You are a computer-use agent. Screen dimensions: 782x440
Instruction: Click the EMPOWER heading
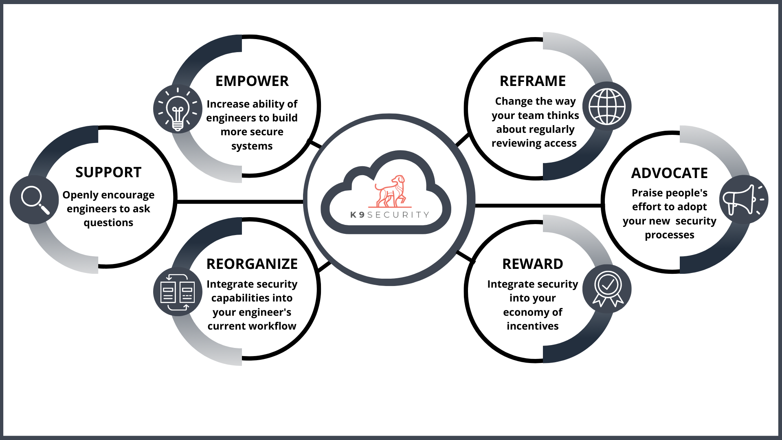pyautogui.click(x=252, y=81)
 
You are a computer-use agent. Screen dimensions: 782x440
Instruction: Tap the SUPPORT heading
pyautogui.click(x=108, y=172)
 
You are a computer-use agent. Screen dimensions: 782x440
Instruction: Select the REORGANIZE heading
pyautogui.click(x=252, y=264)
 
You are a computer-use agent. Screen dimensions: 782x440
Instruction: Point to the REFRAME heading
pyautogui.click(x=533, y=81)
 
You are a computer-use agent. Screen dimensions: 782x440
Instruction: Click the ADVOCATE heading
pyautogui.click(x=670, y=173)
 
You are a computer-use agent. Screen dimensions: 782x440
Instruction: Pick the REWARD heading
pyautogui.click(x=533, y=264)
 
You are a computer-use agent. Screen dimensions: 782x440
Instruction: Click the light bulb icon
pyautogui.click(x=178, y=109)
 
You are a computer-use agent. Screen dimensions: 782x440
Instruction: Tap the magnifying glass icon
pyautogui.click(x=35, y=200)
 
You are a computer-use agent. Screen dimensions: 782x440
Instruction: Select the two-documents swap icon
pyautogui.click(x=178, y=292)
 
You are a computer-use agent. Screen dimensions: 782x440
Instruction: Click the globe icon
pyautogui.click(x=607, y=106)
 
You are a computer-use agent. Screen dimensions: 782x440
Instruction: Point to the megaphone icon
pyautogui.click(x=743, y=200)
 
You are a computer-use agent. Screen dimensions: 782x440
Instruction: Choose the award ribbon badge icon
pyautogui.click(x=608, y=288)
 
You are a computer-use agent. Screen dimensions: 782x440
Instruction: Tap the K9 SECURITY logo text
pyautogui.click(x=390, y=215)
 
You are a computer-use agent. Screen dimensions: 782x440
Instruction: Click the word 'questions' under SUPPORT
pyautogui.click(x=108, y=223)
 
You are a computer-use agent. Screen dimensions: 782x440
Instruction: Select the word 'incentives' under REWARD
pyautogui.click(x=533, y=326)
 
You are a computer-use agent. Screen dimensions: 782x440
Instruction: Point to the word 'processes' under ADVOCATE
pyautogui.click(x=670, y=235)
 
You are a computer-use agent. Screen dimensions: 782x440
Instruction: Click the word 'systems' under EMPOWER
pyautogui.click(x=252, y=146)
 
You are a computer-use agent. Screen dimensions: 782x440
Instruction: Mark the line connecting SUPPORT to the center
pyautogui.click(x=240, y=202)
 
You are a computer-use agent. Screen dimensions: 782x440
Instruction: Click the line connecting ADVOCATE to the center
pyautogui.click(x=538, y=206)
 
